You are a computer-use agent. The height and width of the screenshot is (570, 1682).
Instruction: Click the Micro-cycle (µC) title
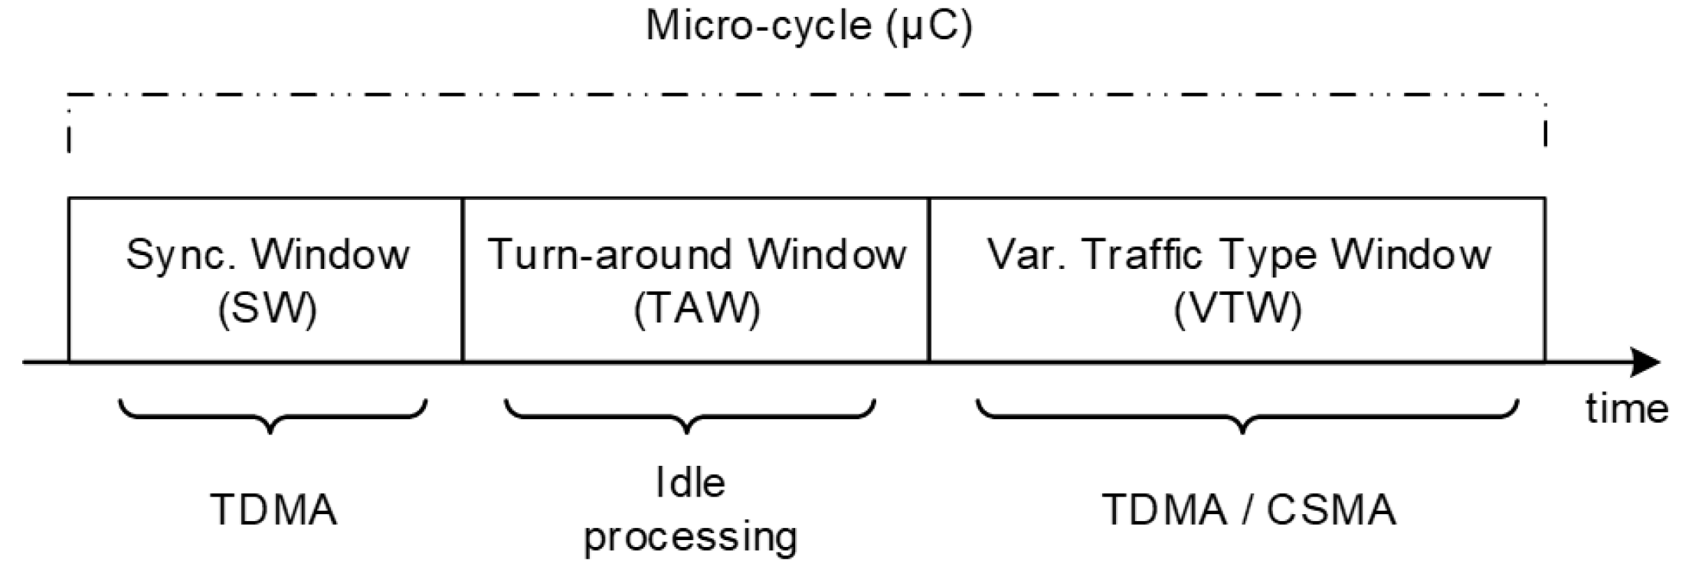(x=809, y=26)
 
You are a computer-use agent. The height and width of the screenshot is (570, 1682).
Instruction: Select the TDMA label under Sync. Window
(x=273, y=509)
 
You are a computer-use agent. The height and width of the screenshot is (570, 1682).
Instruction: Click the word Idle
(x=690, y=483)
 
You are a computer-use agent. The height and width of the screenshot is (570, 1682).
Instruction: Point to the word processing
(x=690, y=536)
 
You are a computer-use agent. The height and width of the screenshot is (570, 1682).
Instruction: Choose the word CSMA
(x=1331, y=509)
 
